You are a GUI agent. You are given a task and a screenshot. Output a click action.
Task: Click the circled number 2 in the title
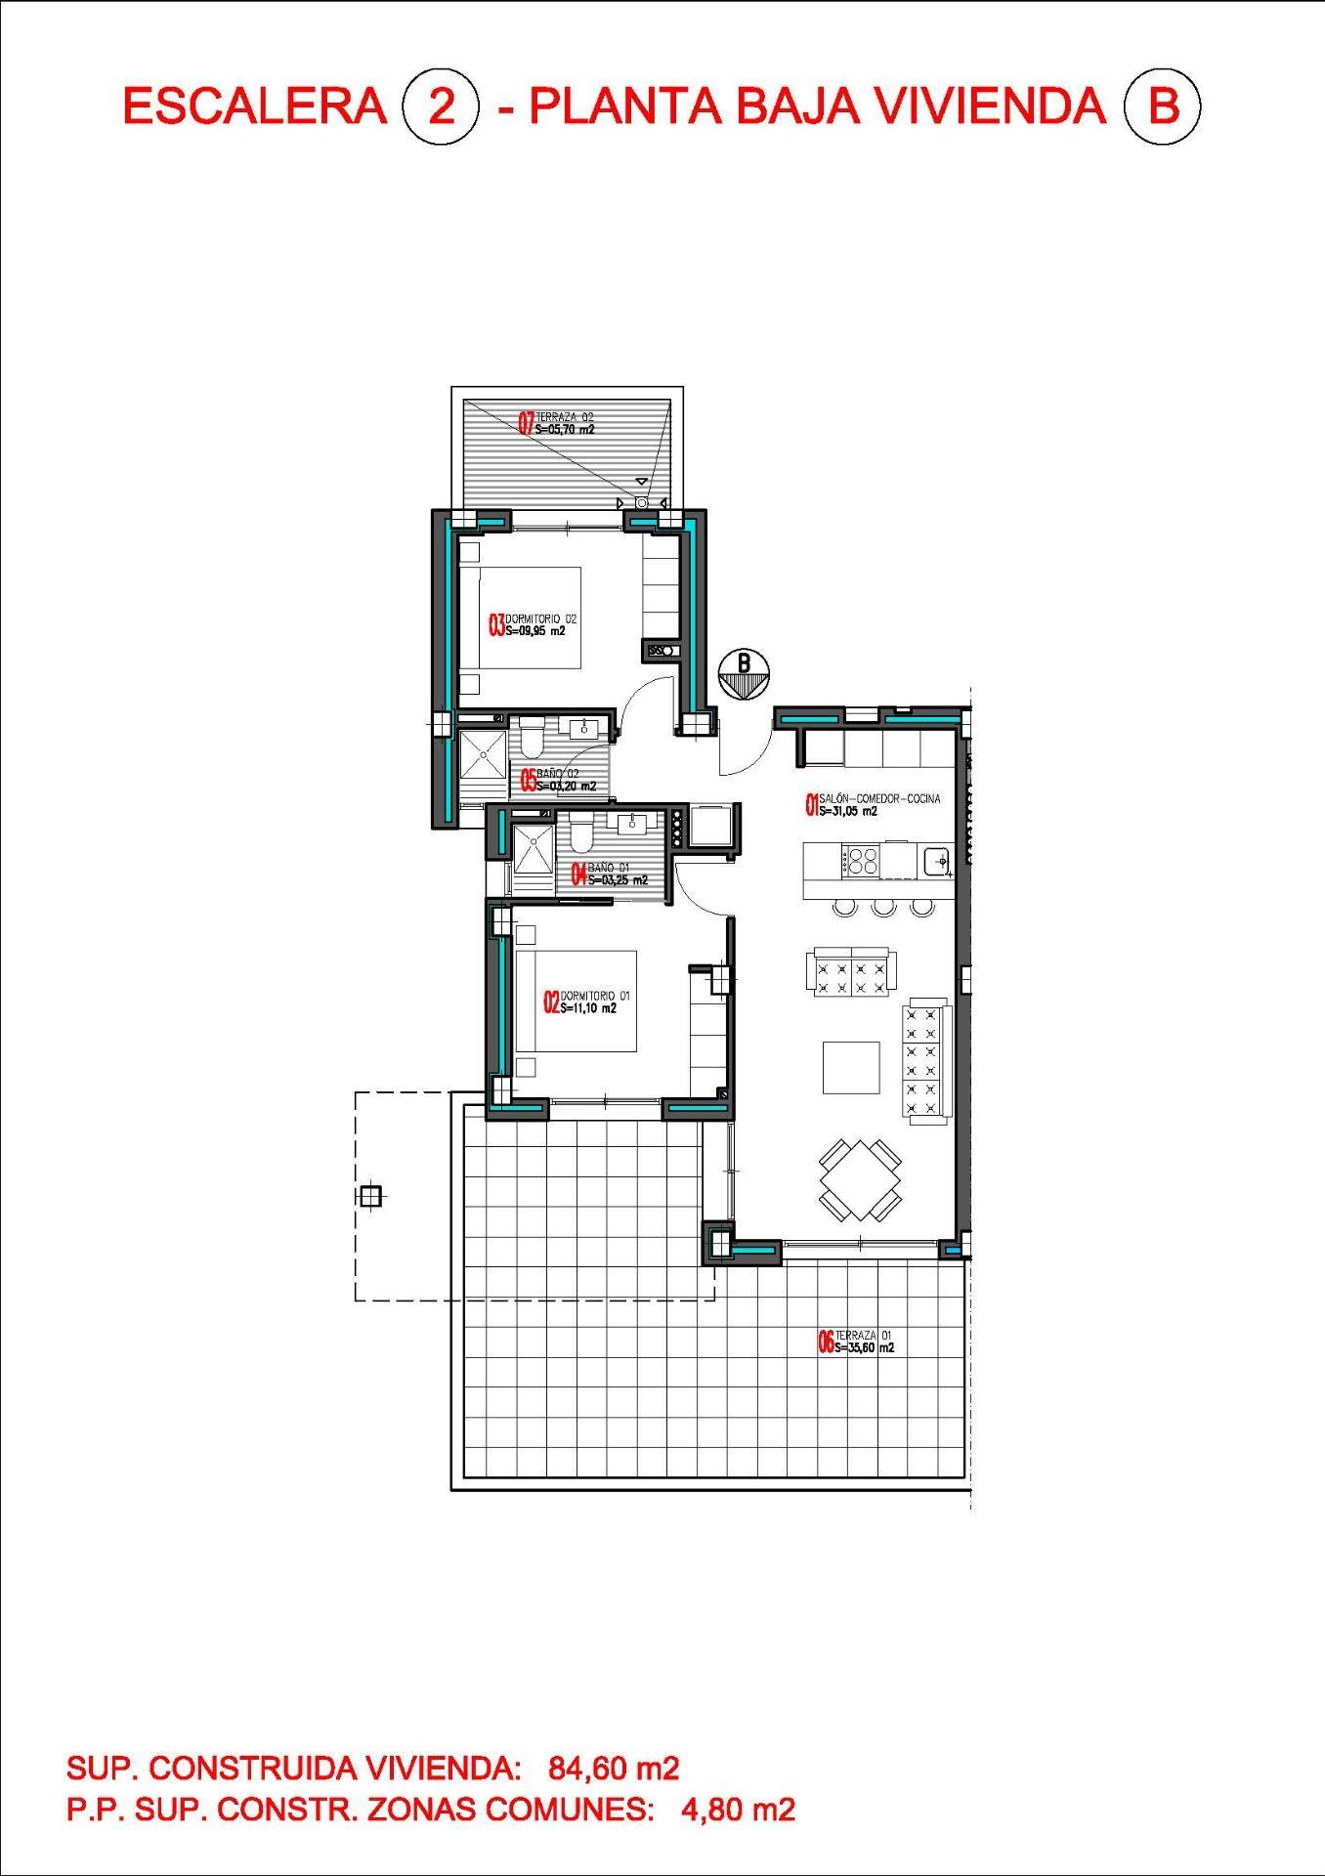[x=441, y=106]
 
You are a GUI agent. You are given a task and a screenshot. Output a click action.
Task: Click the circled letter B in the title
[x=1162, y=106]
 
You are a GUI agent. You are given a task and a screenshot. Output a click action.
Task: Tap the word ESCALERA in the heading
[x=255, y=106]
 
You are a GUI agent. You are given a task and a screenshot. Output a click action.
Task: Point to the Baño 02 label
[x=558, y=780]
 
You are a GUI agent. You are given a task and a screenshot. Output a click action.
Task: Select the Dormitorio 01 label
[x=587, y=1002]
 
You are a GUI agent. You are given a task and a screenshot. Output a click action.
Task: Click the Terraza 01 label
[x=857, y=1342]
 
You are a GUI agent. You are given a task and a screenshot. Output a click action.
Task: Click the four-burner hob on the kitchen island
[x=863, y=861]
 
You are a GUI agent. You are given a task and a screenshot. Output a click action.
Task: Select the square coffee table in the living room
[x=850, y=1068]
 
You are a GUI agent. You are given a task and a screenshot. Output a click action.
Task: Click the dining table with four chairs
[x=859, y=1179]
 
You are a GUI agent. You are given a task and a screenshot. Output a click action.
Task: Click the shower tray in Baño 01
[x=534, y=849]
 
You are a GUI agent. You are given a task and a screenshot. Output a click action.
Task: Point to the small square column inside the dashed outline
[x=370, y=1196]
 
